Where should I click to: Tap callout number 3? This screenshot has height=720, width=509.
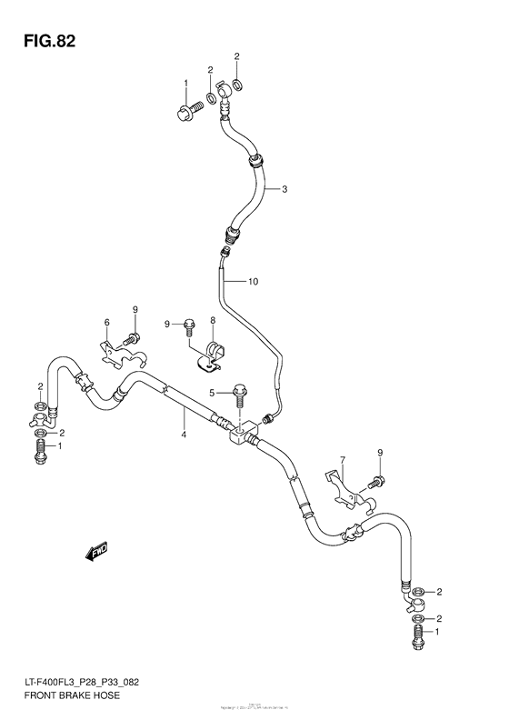point(284,189)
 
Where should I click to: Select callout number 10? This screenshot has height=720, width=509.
point(253,282)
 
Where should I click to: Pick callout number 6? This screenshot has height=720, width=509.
point(106,323)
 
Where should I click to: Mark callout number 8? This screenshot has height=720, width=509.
point(212,321)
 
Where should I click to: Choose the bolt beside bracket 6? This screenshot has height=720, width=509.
point(133,339)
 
